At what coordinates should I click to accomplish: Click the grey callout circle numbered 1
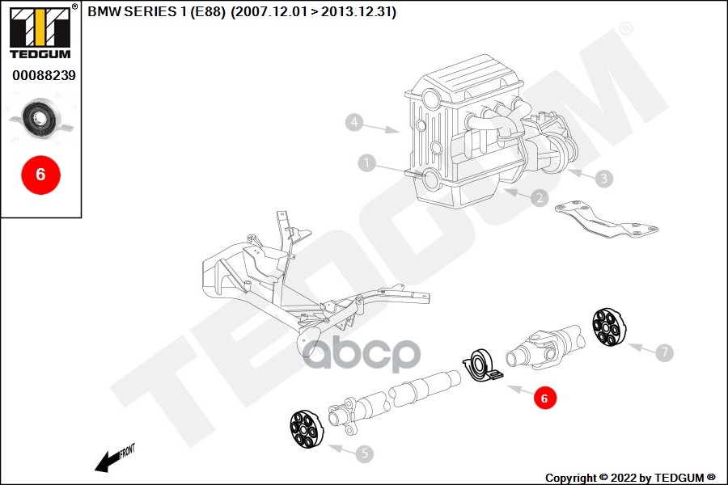(367, 164)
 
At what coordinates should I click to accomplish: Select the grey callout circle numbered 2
(540, 197)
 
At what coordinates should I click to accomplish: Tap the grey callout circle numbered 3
(603, 178)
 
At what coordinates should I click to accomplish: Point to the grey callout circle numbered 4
(353, 123)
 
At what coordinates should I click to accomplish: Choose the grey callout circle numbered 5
(365, 453)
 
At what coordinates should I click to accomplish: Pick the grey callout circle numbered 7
(663, 352)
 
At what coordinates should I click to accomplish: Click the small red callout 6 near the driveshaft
(544, 398)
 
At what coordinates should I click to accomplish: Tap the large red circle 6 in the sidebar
(40, 173)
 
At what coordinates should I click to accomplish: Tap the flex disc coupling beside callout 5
(306, 428)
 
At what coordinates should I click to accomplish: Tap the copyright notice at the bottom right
(630, 478)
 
